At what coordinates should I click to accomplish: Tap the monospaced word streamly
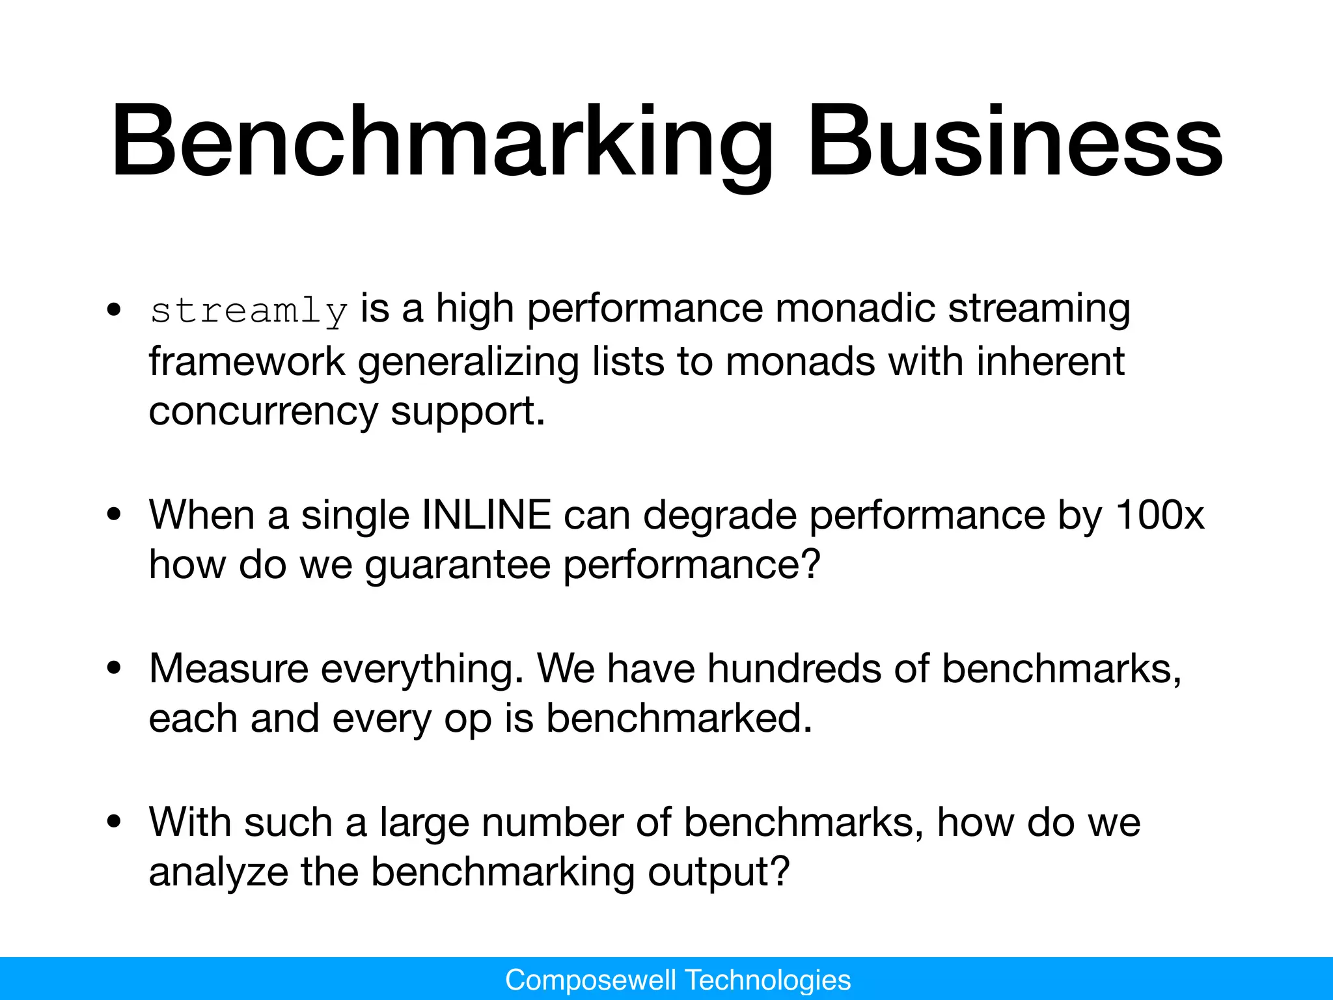click(249, 311)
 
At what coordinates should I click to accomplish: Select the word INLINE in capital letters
click(486, 516)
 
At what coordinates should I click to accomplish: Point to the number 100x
click(1159, 516)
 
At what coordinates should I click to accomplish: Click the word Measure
click(228, 669)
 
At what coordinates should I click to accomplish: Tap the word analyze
click(218, 872)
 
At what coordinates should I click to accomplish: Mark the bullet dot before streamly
click(115, 310)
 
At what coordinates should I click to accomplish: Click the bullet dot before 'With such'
click(115, 822)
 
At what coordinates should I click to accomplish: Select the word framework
click(247, 362)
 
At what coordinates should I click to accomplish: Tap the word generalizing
click(468, 362)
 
